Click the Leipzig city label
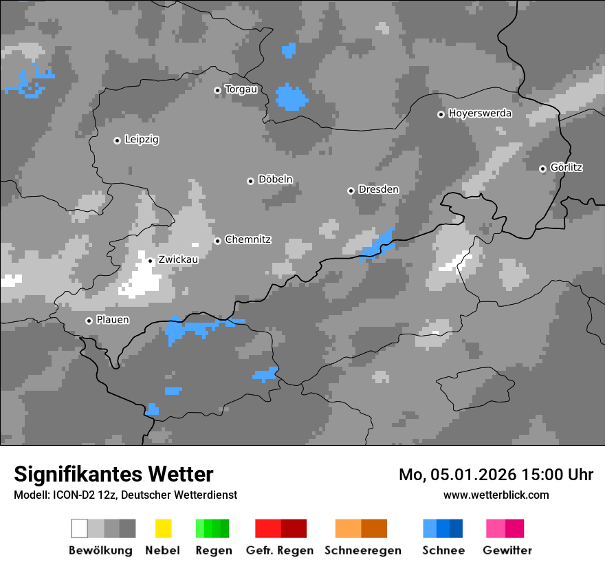142,140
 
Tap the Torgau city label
241,89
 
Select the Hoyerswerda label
480,114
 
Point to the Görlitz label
566,168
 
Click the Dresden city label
378,190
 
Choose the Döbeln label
275,180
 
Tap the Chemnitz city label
247,240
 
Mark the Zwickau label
178,260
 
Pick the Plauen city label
113,320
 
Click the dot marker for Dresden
351,191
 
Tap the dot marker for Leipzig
117,140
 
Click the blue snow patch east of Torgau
291,97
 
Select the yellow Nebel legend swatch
163,528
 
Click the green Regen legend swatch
212,528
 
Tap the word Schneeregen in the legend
362,550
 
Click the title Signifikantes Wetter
113,475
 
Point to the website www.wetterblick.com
496,495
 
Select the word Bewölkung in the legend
100,550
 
